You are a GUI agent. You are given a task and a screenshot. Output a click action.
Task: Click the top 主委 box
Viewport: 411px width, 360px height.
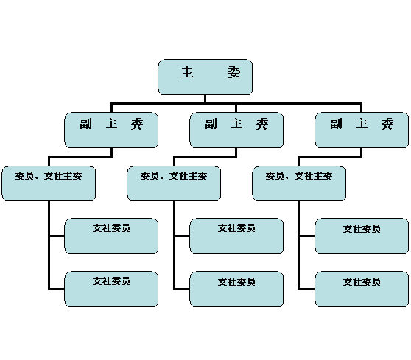pos(205,77)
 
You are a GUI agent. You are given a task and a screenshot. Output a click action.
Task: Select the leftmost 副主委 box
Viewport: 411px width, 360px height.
pos(111,130)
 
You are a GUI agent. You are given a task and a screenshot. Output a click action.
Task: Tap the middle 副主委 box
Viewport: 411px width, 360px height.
pos(236,130)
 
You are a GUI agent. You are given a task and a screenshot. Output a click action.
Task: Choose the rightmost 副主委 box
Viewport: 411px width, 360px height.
pos(362,130)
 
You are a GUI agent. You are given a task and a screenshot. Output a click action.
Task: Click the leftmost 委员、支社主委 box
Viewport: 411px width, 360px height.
pos(49,183)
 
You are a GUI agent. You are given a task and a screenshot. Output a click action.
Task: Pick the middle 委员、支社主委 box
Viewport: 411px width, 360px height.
pos(174,183)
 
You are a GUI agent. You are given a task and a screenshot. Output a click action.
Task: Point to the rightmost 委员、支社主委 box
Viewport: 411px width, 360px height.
pos(299,183)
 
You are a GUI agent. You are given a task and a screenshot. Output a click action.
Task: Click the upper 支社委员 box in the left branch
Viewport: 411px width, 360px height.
pos(111,236)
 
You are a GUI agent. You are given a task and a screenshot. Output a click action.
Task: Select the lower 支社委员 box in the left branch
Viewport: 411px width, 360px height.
pos(111,289)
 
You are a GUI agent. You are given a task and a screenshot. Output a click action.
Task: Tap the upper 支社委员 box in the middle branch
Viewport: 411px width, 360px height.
pos(236,236)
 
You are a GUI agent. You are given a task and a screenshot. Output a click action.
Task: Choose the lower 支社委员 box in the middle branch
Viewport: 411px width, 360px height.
pos(236,289)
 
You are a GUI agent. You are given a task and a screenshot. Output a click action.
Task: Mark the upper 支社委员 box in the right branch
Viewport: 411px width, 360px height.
pos(362,236)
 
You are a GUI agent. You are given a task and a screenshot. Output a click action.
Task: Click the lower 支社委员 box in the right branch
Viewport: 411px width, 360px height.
pos(362,289)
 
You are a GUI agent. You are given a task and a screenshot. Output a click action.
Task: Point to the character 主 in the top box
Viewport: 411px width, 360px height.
pos(187,72)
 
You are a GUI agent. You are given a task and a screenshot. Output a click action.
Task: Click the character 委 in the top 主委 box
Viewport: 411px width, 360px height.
pos(233,72)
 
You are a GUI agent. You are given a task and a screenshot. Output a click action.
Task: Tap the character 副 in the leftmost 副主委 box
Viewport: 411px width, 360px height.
pos(86,124)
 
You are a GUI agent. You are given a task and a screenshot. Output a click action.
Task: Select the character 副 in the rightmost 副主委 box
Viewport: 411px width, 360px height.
pos(336,124)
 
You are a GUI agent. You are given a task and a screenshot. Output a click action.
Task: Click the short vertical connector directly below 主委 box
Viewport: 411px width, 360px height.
pos(205,99)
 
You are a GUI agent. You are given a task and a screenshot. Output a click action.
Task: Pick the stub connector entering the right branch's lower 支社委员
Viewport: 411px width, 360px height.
pos(307,289)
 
